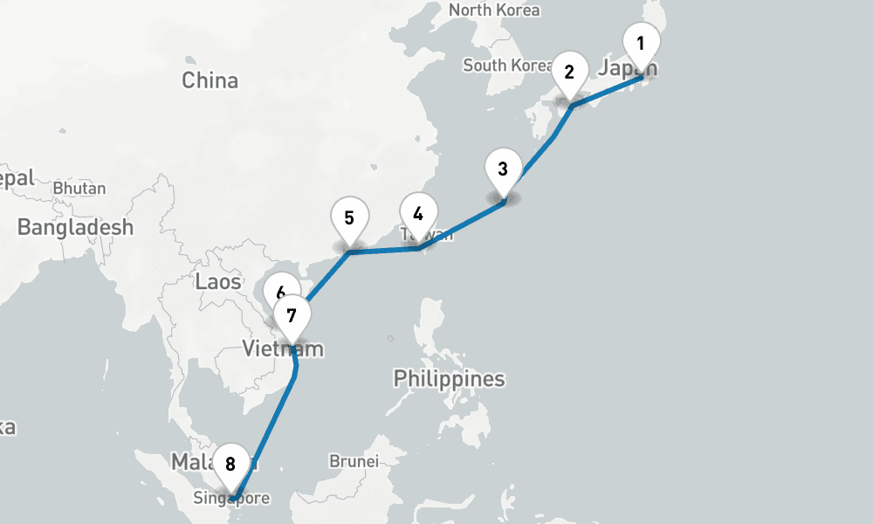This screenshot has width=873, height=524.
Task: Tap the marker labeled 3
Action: [x=503, y=169]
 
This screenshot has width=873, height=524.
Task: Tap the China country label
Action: [x=210, y=80]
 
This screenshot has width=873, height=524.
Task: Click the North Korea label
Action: [x=494, y=10]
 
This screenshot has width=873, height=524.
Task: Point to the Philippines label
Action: [x=449, y=379]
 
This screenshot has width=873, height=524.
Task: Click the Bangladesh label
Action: [x=75, y=228]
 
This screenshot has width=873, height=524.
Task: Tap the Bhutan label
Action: [x=79, y=188]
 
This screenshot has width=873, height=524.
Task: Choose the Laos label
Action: [x=218, y=281]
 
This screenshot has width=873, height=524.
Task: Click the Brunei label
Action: [x=354, y=460]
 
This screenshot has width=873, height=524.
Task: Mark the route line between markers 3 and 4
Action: [x=463, y=225]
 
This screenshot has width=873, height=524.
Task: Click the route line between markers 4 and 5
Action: [x=384, y=251]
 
